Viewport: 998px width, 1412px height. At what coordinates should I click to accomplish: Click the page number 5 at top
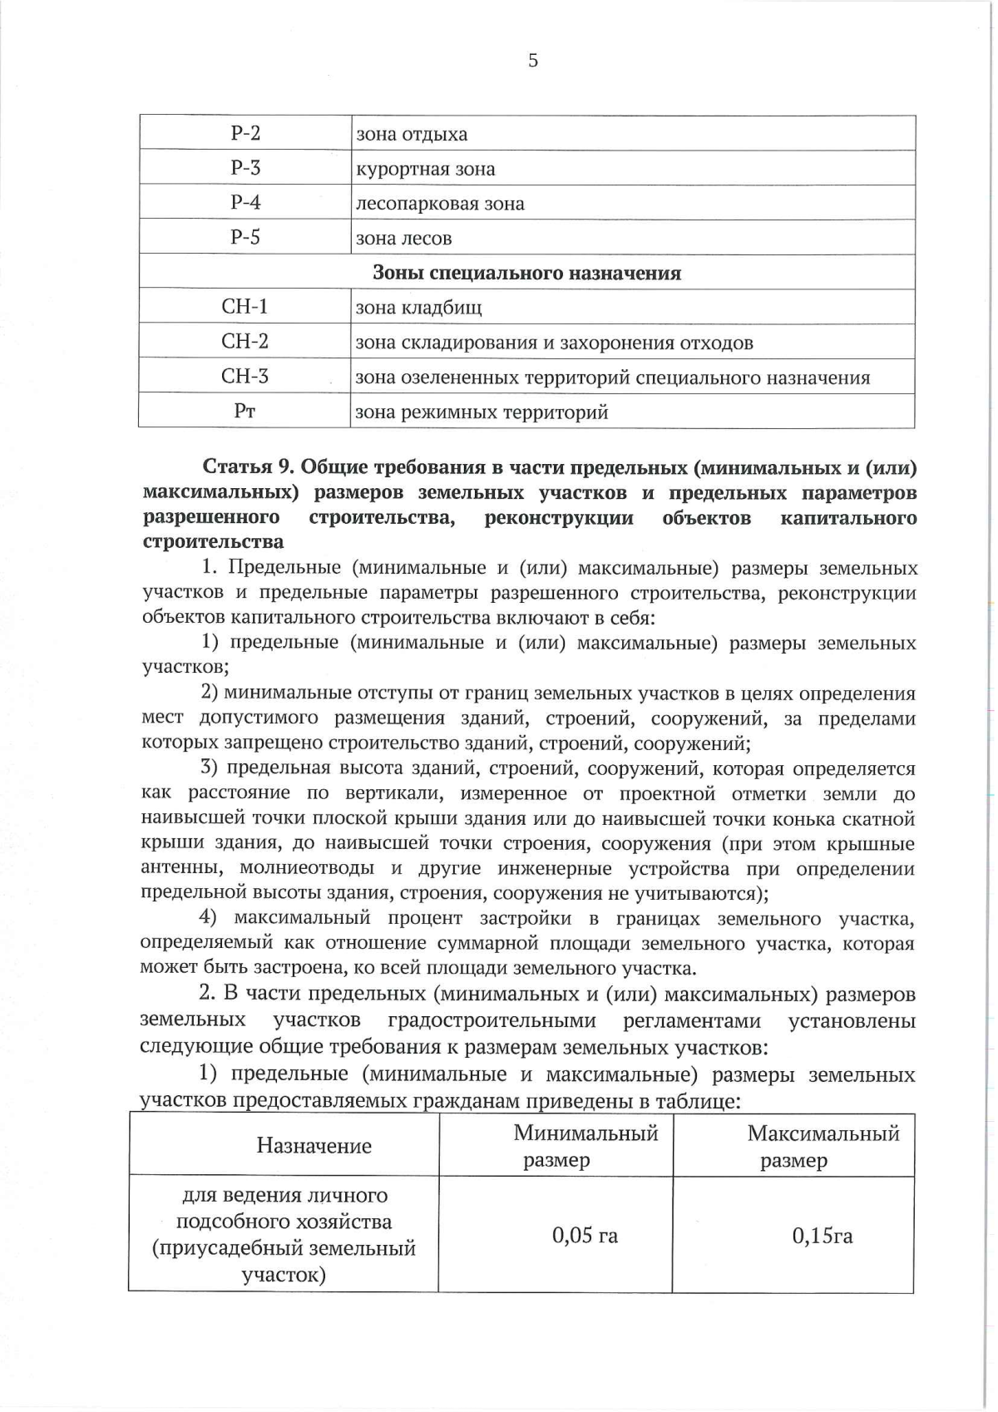tap(532, 61)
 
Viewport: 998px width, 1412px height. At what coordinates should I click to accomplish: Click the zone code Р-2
tap(245, 133)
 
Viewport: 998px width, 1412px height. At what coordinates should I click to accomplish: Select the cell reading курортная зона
tap(425, 169)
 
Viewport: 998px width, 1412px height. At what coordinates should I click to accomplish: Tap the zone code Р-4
tap(245, 203)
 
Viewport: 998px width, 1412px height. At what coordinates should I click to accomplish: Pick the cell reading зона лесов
tap(403, 239)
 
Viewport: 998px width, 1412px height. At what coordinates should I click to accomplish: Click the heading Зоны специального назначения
tap(526, 273)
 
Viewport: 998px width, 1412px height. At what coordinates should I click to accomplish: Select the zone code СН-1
tap(245, 307)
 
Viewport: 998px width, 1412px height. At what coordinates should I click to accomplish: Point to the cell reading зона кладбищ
tap(418, 308)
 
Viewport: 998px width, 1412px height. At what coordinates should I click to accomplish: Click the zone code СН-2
tap(245, 342)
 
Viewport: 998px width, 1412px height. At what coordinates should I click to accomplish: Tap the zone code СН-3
tap(245, 377)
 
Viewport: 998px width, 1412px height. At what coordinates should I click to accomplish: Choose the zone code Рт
tap(245, 412)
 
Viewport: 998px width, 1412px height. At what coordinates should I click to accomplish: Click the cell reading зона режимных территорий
tap(482, 412)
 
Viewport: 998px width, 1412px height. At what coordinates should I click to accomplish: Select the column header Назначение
tap(314, 1146)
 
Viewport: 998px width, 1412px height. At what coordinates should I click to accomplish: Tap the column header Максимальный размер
tap(823, 1146)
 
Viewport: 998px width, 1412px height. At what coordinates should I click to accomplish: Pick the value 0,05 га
tap(585, 1235)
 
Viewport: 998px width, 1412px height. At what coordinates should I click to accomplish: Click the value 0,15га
tap(823, 1236)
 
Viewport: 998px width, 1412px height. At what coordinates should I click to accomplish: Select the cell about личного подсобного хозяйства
tap(284, 1235)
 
